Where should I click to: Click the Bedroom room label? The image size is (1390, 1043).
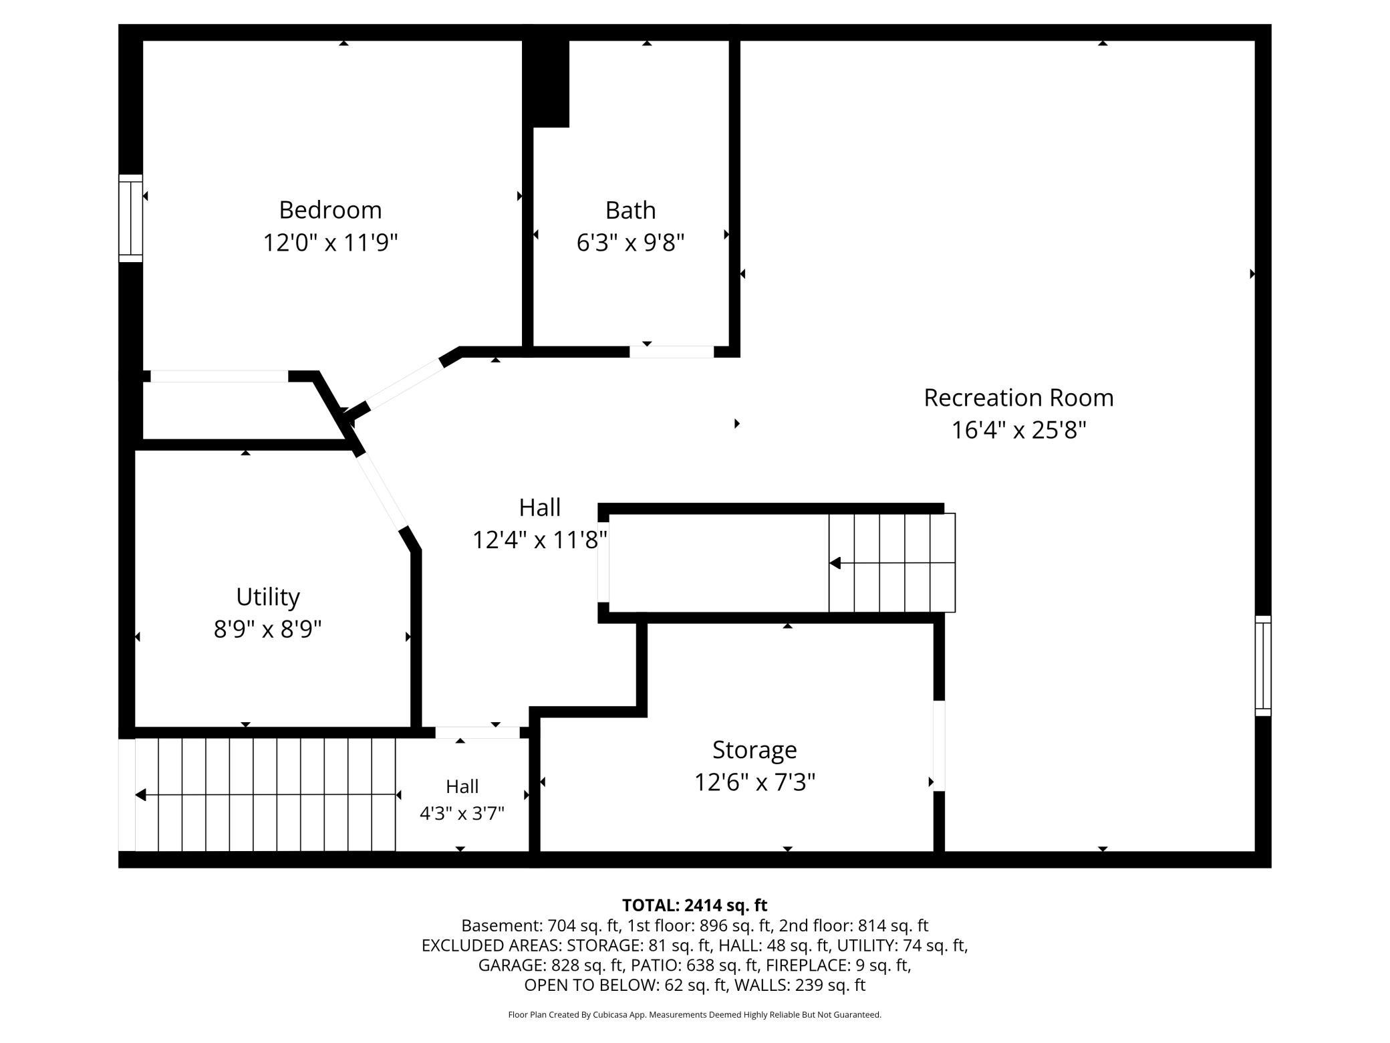coord(330,210)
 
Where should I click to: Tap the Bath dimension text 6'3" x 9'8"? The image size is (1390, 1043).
coord(630,242)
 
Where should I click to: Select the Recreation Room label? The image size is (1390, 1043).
coord(1018,398)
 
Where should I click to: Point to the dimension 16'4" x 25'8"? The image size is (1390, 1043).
coord(1018,430)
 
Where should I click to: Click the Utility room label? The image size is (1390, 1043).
coord(267,597)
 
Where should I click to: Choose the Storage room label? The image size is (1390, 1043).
coord(754,750)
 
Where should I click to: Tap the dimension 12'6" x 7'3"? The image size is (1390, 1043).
coord(754,782)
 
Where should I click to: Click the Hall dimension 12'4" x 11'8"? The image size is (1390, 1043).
coord(540,540)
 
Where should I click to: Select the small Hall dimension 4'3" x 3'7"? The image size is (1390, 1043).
coord(462,814)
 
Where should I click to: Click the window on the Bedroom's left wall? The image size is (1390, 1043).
coord(131,218)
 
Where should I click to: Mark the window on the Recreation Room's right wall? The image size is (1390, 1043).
coord(1262,665)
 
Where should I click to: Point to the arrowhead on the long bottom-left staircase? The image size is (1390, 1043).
coord(140,795)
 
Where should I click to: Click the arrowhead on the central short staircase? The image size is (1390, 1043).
coord(835,563)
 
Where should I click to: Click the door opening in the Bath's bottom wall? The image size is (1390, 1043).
coord(672,352)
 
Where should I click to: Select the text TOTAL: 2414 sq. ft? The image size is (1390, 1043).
coord(694,905)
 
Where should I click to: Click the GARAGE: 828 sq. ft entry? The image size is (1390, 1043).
coord(551,965)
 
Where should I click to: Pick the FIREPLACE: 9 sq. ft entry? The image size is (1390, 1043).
coord(838,965)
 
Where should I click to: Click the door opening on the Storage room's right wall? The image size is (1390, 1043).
coord(939,745)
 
